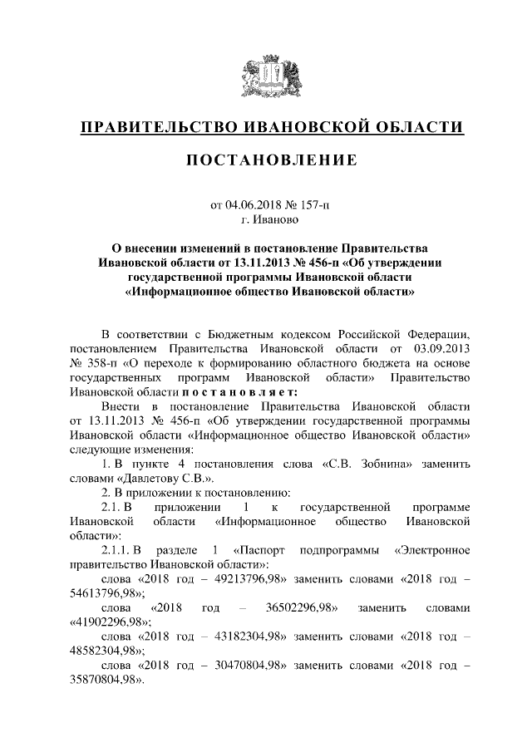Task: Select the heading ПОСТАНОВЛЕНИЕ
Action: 266,159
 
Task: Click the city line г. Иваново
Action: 266,219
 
